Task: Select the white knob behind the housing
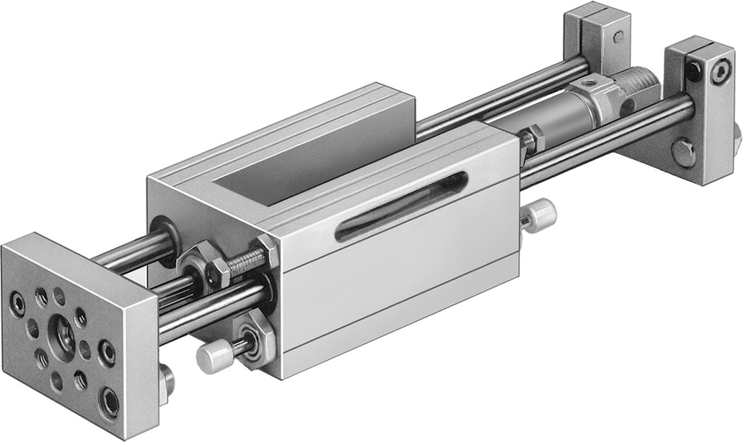pos(540,213)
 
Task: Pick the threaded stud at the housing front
pos(243,263)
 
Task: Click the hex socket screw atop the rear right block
pos(719,72)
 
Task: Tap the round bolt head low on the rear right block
pos(682,152)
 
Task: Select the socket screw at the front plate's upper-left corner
pos(17,303)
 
